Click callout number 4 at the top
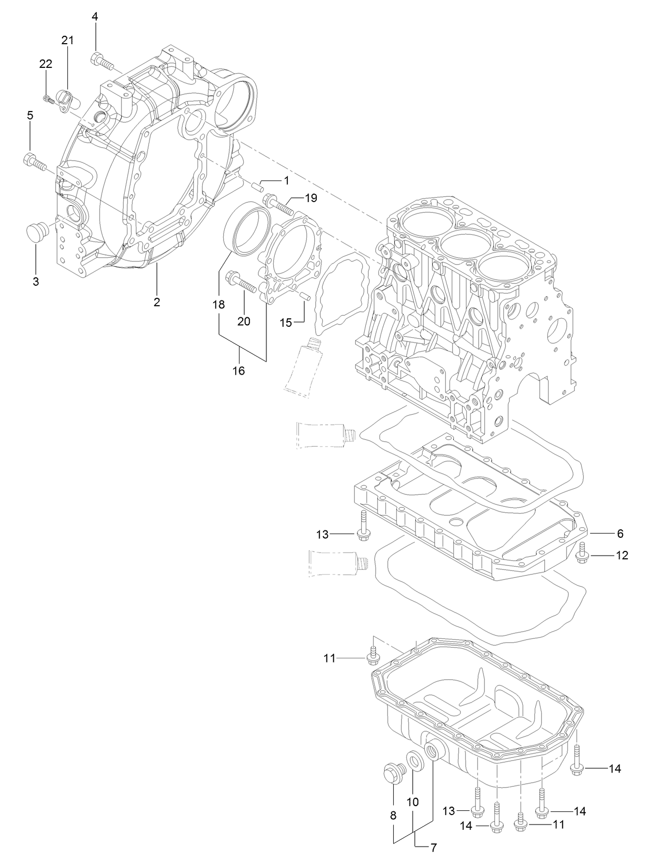tap(95, 17)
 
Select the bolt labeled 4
tap(102, 62)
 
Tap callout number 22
tap(46, 64)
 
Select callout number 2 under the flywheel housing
tap(157, 302)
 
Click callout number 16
tap(239, 371)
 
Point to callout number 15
tap(285, 323)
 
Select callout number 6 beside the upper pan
tap(620, 534)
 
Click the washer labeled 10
tap(416, 761)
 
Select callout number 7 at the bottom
tap(434, 848)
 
